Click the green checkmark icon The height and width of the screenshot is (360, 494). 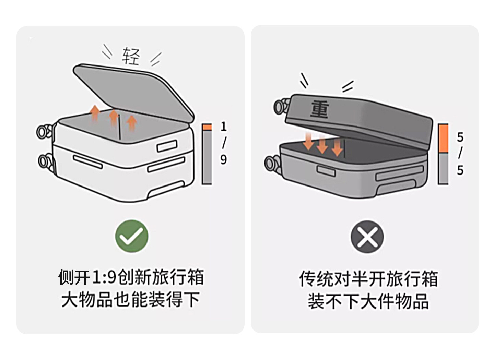132,236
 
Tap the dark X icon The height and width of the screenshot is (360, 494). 367,237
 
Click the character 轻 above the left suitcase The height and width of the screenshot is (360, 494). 131,56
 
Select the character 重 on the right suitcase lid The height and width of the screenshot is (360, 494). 320,109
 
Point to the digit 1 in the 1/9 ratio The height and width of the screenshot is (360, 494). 224,127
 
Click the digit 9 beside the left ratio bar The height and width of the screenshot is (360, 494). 224,159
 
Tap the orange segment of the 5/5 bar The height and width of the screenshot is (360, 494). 443,139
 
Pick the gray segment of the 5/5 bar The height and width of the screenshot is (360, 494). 443,168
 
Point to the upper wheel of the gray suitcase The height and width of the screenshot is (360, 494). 280,107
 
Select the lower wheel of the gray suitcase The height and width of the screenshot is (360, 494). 271,163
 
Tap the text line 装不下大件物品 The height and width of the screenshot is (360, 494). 368,301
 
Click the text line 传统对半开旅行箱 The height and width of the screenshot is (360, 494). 368,278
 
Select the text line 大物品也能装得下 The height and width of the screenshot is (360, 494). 131,300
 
